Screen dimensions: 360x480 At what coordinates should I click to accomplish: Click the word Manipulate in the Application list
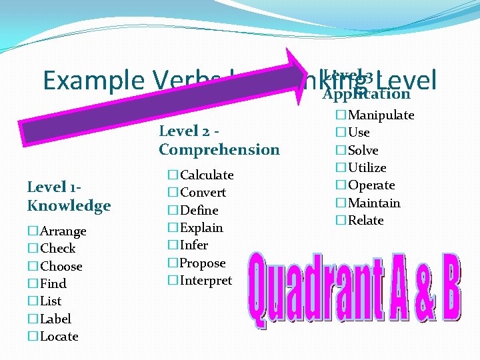pos(381,115)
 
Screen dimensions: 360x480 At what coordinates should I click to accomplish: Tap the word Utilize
pos(367,168)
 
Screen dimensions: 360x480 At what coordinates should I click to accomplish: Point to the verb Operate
pos(371,185)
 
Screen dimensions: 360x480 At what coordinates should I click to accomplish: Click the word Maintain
pos(374,203)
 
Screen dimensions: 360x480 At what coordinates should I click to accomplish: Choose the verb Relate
pos(366,221)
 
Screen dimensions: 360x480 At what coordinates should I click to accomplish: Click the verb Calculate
pos(207,175)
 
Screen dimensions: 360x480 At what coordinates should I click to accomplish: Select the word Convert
pos(203,193)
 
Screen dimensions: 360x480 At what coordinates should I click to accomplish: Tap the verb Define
pos(199,210)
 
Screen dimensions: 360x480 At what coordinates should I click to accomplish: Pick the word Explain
pos(201,228)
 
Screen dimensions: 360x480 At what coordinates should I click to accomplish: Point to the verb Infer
pos(194,245)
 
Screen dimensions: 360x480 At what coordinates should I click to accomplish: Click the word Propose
pos(203,263)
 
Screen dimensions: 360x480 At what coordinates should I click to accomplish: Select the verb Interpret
pos(206,281)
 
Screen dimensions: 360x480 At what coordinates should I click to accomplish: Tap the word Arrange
pos(63,231)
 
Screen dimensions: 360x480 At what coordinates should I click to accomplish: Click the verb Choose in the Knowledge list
pos(61,267)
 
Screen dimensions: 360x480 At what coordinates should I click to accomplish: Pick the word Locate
pos(59,337)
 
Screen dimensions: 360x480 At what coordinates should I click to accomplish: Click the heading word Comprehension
pos(219,149)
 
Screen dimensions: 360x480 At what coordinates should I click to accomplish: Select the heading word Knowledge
pos(69,206)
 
